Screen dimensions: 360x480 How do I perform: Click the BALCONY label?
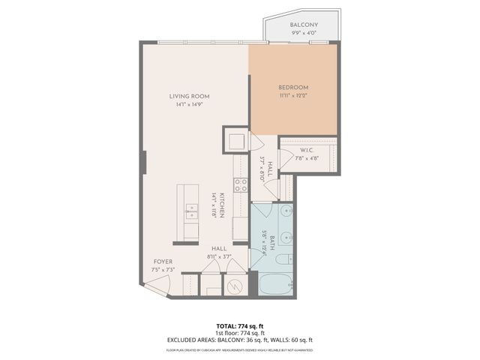point(304,25)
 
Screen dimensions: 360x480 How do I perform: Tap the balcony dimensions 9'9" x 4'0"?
point(304,32)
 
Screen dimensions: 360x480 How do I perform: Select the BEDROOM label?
point(293,87)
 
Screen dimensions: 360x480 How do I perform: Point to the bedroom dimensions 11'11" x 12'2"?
point(293,95)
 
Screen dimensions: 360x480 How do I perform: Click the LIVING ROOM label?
point(189,96)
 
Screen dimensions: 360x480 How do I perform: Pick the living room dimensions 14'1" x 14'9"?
point(189,104)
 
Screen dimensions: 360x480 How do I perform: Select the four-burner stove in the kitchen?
point(241,184)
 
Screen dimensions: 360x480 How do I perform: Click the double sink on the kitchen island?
point(190,210)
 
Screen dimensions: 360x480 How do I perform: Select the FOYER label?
point(163,262)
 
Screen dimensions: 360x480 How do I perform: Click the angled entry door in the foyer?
point(159,283)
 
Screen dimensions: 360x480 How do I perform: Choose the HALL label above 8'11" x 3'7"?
point(219,248)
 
